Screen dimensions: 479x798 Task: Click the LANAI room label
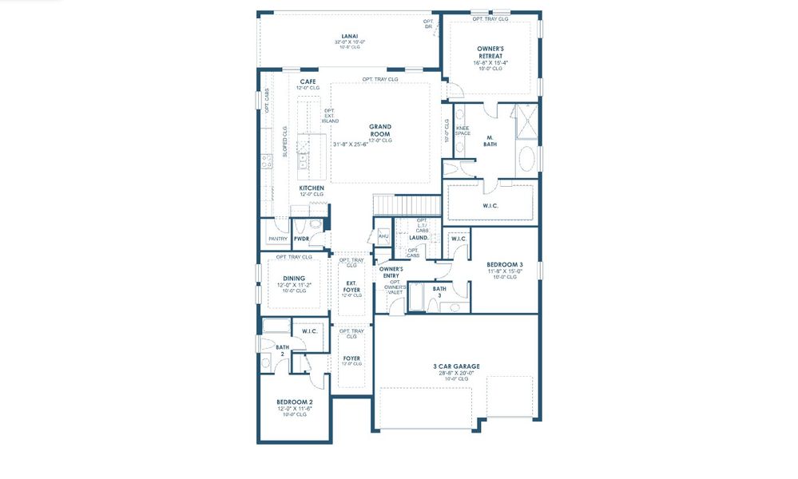(x=349, y=36)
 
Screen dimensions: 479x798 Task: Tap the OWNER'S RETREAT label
(x=491, y=52)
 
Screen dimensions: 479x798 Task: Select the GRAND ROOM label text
(x=379, y=130)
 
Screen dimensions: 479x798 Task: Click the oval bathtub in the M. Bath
(x=528, y=160)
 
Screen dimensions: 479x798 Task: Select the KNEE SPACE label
(x=463, y=130)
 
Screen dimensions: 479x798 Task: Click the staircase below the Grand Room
(x=395, y=205)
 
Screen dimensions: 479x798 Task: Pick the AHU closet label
(x=383, y=236)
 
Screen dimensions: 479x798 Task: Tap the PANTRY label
(x=278, y=239)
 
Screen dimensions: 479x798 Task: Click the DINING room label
(x=293, y=279)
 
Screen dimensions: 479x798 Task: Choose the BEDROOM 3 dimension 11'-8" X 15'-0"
(x=505, y=271)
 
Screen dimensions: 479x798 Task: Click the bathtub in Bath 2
(x=276, y=326)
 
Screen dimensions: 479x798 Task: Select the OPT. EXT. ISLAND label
(x=331, y=116)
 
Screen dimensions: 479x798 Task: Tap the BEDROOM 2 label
(x=294, y=402)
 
